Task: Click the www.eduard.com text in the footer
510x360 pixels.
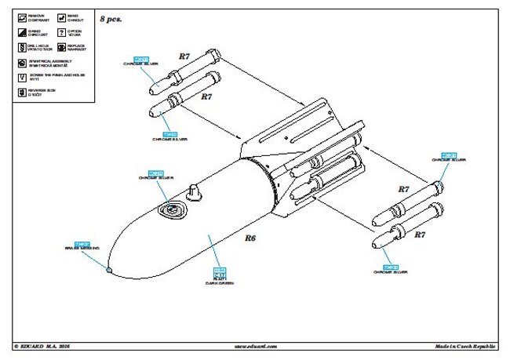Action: coord(255,345)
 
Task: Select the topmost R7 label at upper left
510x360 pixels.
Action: coord(184,56)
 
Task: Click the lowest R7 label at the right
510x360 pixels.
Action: coord(420,234)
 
